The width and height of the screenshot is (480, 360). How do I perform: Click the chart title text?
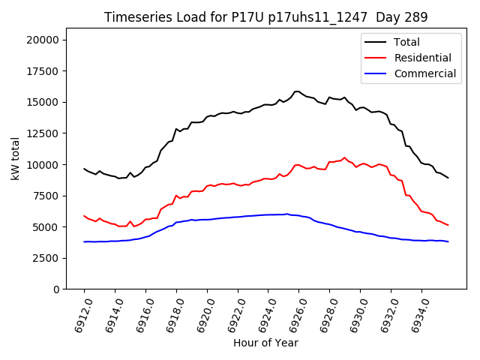pos(265,17)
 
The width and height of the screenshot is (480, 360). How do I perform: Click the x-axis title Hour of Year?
pos(265,343)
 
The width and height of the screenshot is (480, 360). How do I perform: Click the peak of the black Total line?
pos(297,91)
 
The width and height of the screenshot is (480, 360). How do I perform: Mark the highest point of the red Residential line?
pos(345,157)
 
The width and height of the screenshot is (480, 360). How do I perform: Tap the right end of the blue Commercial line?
pos(448,241)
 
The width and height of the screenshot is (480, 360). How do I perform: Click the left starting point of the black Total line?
pos(84,169)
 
